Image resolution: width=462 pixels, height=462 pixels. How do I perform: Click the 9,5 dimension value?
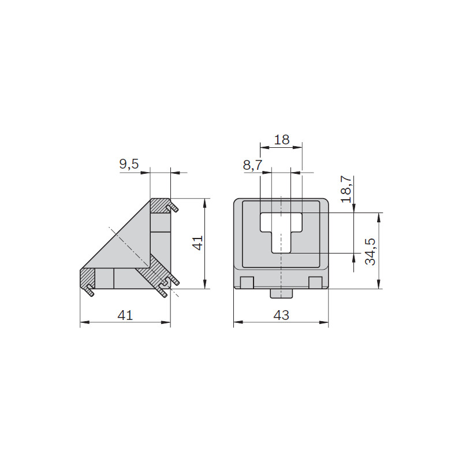point(129,164)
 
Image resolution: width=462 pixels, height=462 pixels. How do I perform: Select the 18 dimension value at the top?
point(282,139)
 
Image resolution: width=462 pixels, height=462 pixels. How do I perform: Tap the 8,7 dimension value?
point(252,165)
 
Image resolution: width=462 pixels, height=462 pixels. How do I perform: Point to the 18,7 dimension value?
point(346,189)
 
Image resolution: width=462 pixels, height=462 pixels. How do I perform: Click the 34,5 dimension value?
point(370,251)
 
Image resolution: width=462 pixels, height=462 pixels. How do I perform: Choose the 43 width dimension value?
point(281,315)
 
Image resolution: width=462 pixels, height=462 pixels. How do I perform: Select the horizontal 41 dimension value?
point(125,315)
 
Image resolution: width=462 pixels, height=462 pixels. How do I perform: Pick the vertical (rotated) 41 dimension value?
point(198,243)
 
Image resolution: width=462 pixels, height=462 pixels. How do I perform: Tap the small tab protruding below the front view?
point(281,293)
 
